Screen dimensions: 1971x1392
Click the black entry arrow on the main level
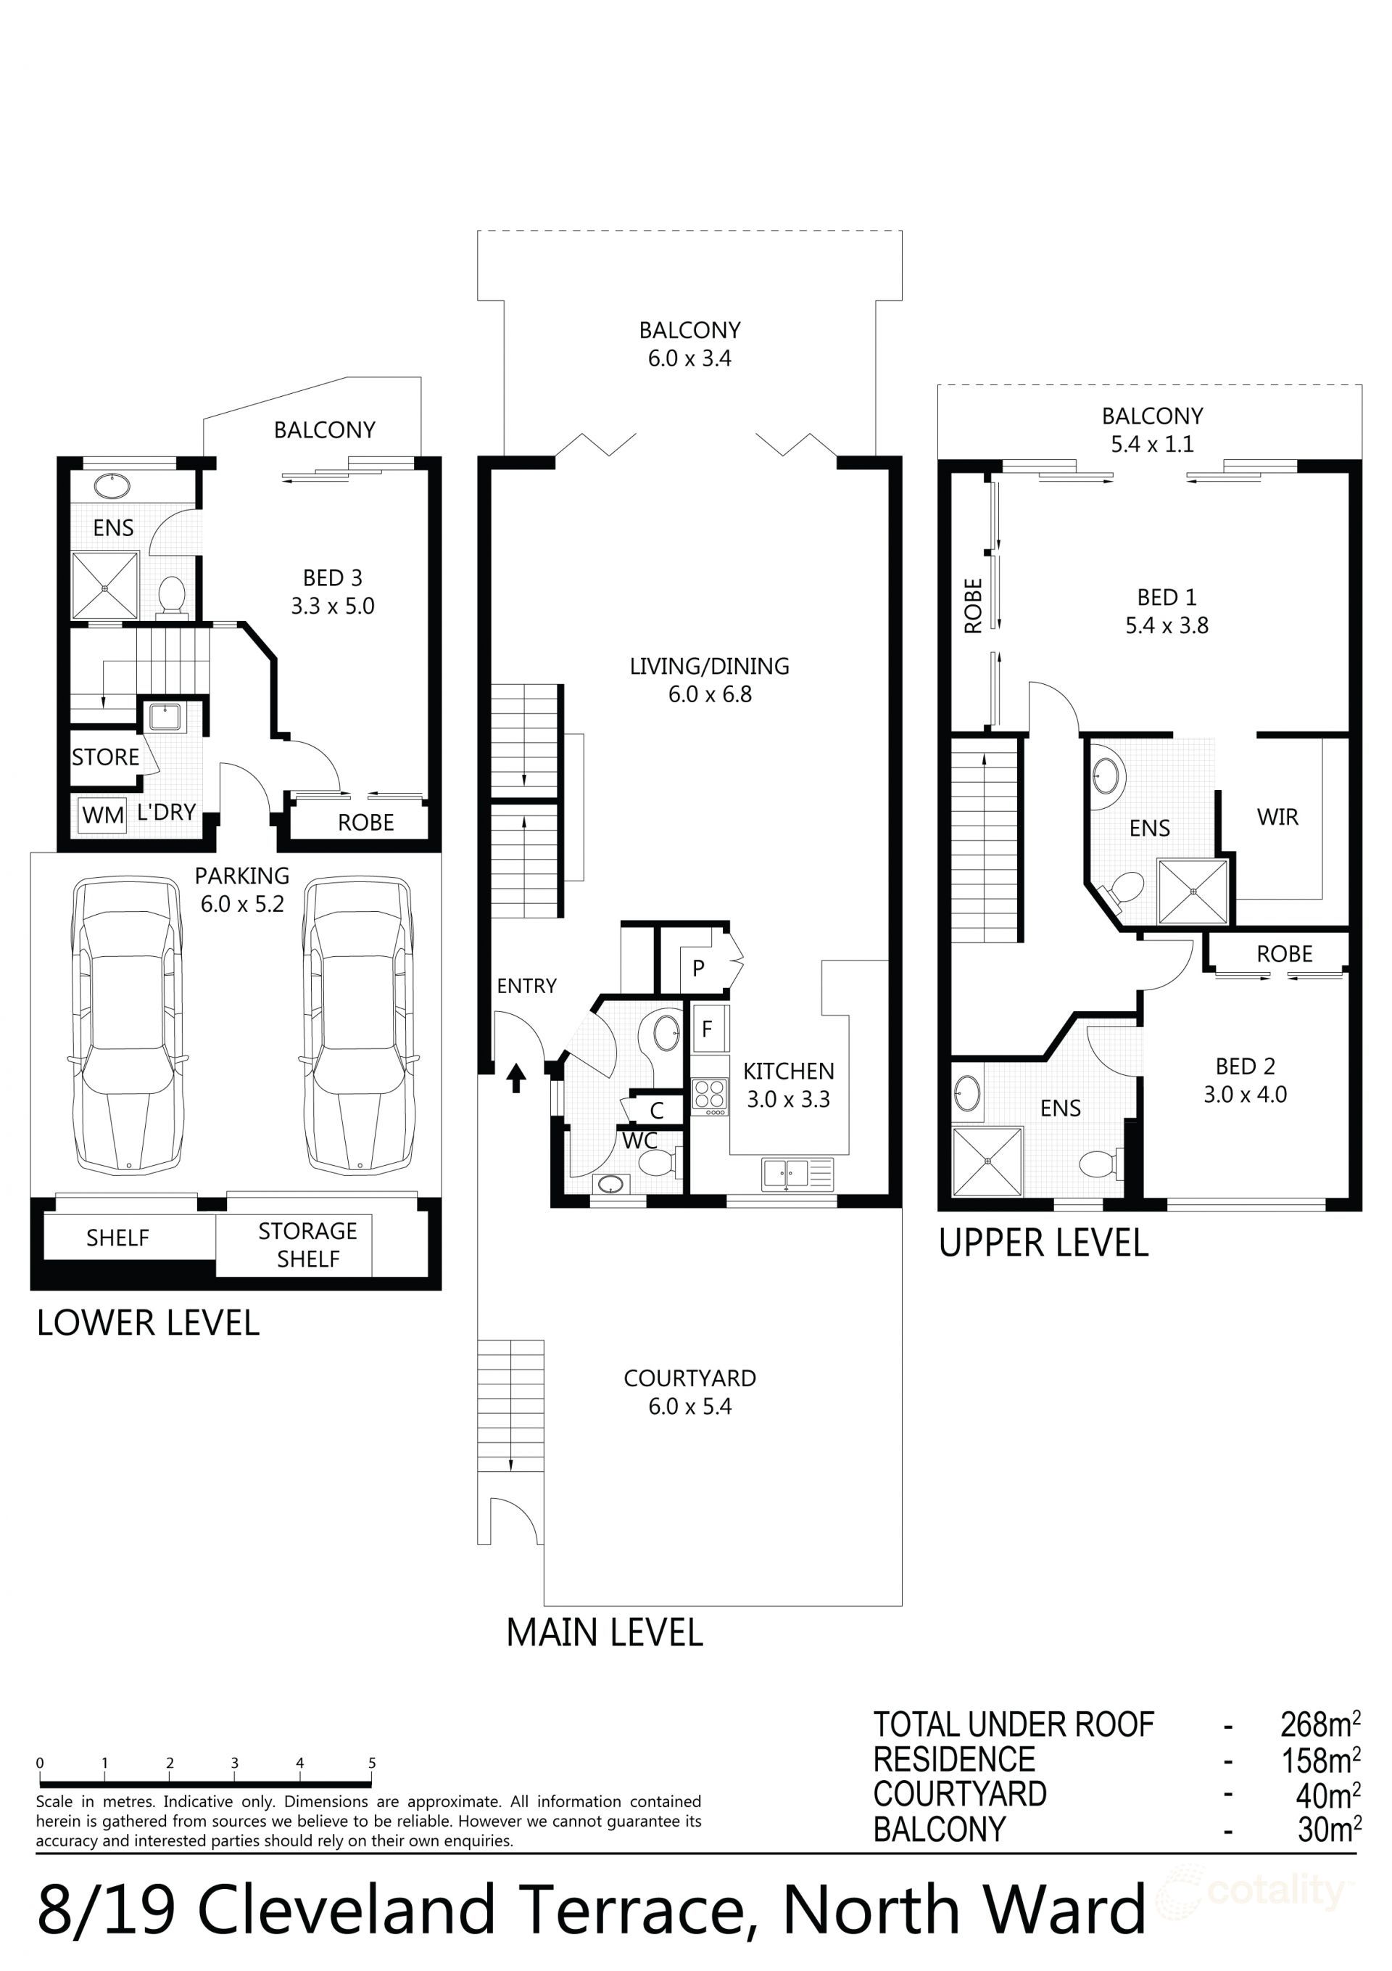[515, 1077]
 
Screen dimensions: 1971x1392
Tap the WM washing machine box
[103, 814]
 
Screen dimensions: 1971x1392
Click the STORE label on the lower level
[104, 757]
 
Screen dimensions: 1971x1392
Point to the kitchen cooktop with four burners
[710, 1096]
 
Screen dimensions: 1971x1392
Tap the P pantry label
[699, 968]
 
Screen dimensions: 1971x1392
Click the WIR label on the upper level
[1277, 818]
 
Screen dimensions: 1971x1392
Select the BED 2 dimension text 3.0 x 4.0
[1244, 1095]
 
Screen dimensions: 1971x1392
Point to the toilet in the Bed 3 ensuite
[173, 594]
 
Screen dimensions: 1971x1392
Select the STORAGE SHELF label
[307, 1244]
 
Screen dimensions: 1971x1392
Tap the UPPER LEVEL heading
[1043, 1243]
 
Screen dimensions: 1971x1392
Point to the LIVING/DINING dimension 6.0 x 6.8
[710, 694]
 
